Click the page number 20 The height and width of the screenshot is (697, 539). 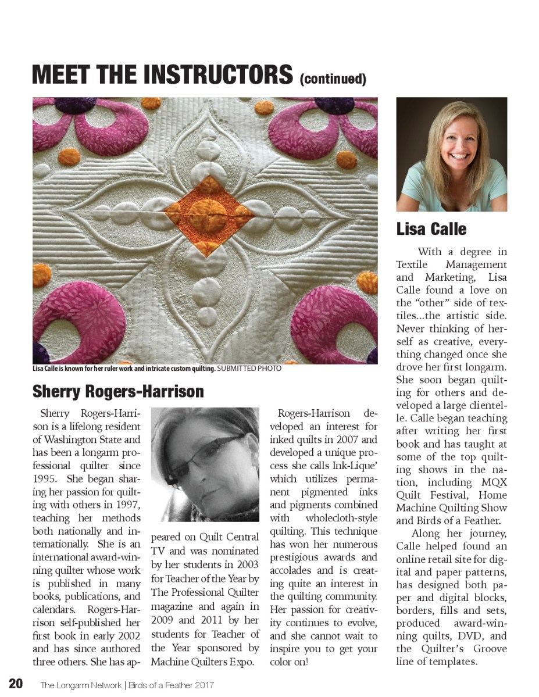point(16,684)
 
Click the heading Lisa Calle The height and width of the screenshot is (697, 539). point(431,229)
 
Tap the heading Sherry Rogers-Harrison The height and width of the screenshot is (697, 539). point(118,391)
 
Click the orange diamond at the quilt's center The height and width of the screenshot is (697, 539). point(208,215)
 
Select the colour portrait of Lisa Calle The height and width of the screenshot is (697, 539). point(451,154)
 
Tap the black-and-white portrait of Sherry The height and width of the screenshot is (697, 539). point(205,464)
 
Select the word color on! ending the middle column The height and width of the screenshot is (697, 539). point(289,662)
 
